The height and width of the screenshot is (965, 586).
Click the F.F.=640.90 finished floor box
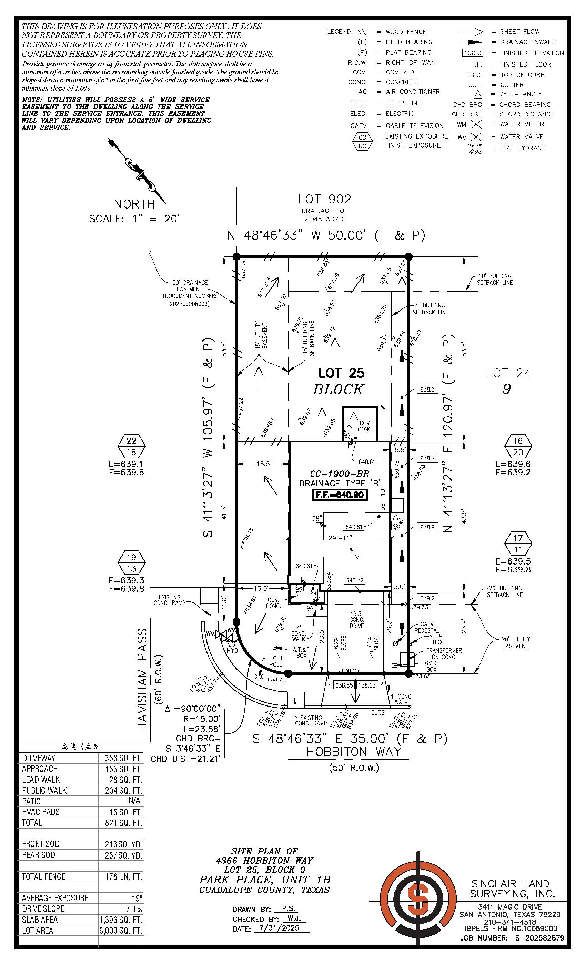(340, 495)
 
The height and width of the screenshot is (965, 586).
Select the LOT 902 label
(324, 199)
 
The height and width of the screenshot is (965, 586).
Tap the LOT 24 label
(508, 373)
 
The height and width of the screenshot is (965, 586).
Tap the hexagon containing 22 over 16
(131, 446)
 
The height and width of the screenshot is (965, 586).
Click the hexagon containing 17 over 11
(518, 544)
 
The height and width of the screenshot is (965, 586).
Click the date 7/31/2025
(279, 928)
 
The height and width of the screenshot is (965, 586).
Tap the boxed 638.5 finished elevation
(427, 390)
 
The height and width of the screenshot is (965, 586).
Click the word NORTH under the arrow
(134, 204)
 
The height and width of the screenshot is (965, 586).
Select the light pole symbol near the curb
(259, 676)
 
